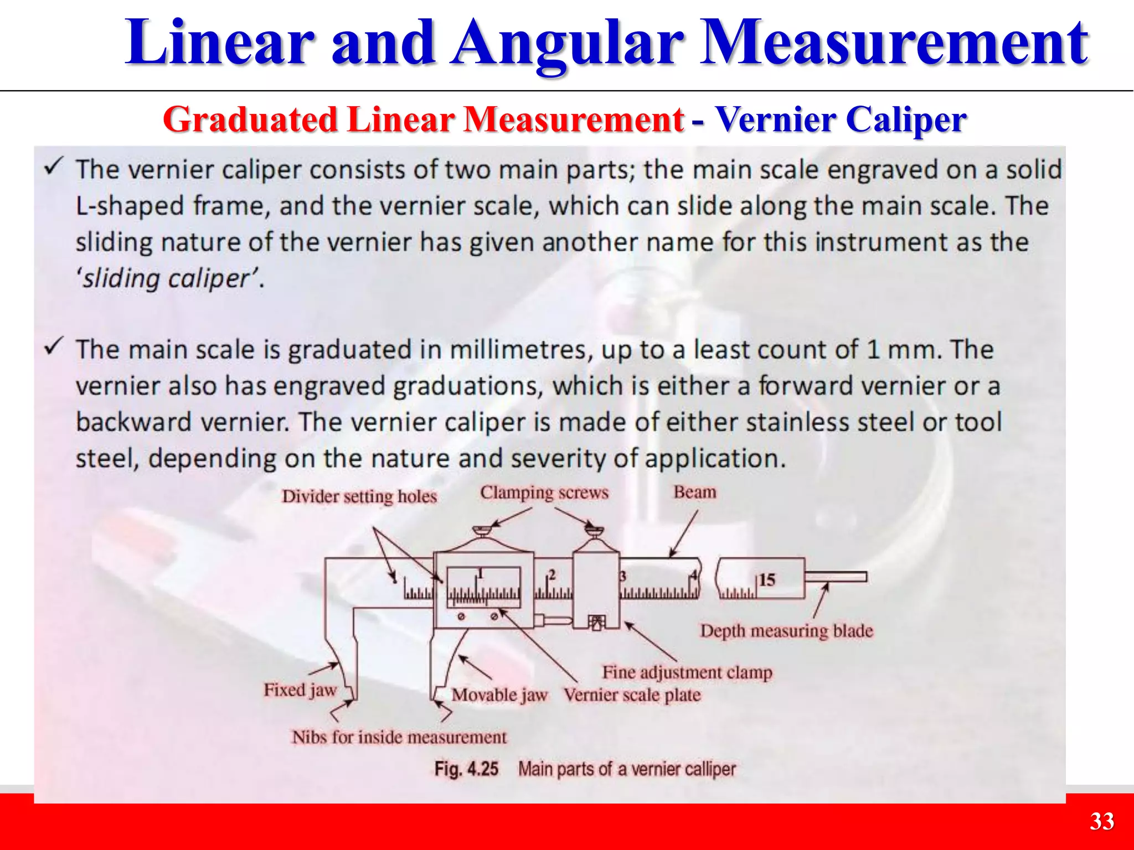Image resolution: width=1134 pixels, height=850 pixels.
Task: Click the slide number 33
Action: pos(1101,821)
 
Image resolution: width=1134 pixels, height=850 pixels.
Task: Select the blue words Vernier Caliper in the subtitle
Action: pos(841,120)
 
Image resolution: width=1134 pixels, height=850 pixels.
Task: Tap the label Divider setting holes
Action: pos(359,496)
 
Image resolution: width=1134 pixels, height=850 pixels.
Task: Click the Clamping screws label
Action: pos(544,493)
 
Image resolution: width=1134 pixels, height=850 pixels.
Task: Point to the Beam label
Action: pos(694,492)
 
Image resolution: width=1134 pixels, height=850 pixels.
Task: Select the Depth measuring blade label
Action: pos(786,631)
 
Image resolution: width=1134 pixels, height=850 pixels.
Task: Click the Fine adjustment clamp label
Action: pos(687,672)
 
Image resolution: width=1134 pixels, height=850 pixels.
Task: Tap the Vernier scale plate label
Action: pos(632,695)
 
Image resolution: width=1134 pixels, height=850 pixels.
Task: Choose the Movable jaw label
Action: pos(499,695)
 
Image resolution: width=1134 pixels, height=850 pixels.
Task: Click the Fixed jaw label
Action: pos(300,690)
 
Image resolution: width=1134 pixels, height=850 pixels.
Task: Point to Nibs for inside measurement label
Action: pos(399,737)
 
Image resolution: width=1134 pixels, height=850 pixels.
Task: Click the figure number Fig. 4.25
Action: pos(466,769)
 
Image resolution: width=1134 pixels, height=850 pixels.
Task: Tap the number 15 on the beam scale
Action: pos(767,580)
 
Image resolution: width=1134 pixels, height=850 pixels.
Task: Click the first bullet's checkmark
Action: pos(55,165)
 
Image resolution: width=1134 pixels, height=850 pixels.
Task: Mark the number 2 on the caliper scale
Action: pos(551,575)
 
